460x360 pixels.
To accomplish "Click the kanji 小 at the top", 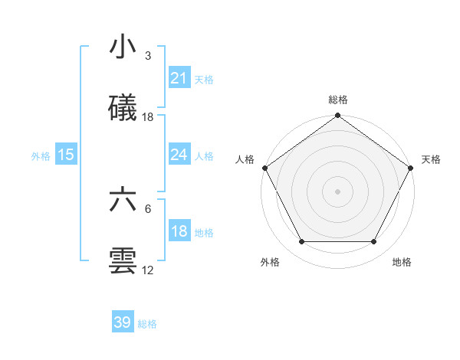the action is (x=123, y=48).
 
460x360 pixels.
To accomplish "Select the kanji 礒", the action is (x=123, y=108).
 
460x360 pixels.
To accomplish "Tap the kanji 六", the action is (x=123, y=200).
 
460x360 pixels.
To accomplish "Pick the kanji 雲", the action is (x=123, y=260).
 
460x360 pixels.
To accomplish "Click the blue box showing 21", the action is (x=179, y=78).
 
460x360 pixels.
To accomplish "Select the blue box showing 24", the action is (x=179, y=155).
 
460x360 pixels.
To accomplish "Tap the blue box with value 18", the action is (x=179, y=231).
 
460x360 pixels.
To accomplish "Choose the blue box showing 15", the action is (x=66, y=155).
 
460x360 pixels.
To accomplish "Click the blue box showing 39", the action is (x=123, y=322).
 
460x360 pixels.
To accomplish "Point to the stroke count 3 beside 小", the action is (x=147, y=55).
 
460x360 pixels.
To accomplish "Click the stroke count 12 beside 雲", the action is (x=148, y=270).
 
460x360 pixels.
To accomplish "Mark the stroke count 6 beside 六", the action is (x=147, y=208).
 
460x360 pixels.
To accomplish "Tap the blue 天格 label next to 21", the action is (x=204, y=79).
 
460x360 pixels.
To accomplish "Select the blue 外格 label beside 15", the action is (x=41, y=155).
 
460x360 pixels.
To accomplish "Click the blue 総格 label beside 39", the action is (x=147, y=323).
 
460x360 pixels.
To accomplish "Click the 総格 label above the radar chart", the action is (x=338, y=100).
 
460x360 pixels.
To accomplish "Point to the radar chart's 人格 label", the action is (x=245, y=159).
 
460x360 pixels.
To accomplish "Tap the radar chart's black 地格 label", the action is (x=402, y=262).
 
